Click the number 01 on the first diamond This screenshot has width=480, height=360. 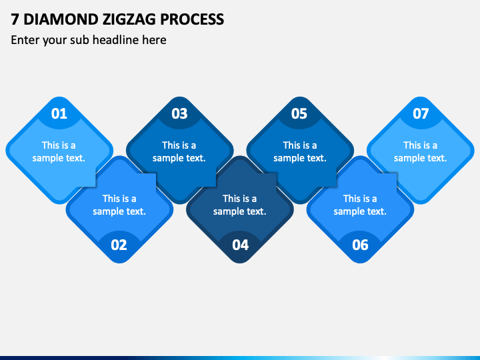click(59, 113)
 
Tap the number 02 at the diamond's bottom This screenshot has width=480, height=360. click(119, 245)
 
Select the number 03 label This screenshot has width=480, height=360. click(179, 113)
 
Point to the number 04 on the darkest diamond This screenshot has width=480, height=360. click(240, 245)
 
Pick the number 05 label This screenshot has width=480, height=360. click(299, 113)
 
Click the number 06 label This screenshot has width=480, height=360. click(360, 245)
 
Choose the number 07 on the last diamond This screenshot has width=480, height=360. click(421, 113)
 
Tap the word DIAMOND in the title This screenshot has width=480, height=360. click(60, 19)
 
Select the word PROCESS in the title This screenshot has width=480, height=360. click(192, 19)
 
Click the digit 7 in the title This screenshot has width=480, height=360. click(15, 19)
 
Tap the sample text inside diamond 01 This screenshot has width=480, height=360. click(59, 151)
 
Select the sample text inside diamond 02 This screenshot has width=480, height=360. click(119, 205)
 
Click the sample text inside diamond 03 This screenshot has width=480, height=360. click(179, 151)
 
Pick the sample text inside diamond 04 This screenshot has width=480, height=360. click(240, 205)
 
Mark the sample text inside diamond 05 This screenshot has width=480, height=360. click(300, 151)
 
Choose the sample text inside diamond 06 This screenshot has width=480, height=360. click(360, 205)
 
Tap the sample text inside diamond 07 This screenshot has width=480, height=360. click(420, 151)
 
